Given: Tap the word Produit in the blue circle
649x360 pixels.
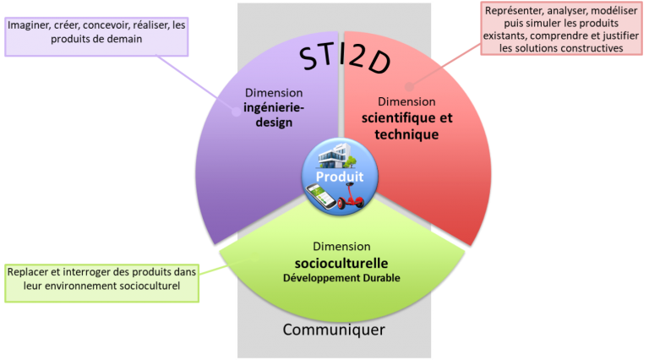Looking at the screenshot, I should click(340, 177).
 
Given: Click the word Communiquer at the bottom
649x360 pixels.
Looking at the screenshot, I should click(334, 329).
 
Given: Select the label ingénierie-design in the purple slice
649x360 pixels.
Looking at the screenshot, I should click(268, 115).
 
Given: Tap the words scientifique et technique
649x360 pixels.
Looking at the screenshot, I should click(407, 126).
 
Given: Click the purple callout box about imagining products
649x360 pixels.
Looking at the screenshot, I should click(95, 32).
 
